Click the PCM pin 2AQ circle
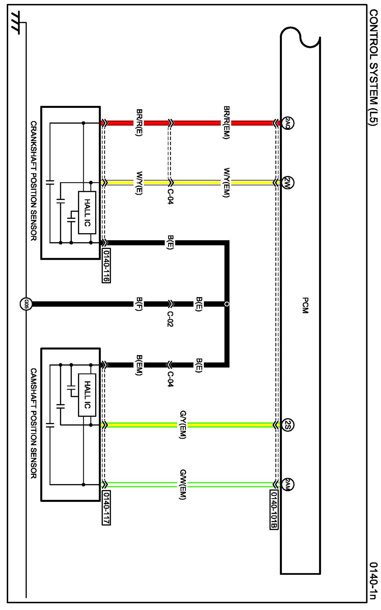[287, 123]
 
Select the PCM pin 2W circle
[288, 183]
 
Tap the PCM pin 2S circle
[288, 425]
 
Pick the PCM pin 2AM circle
[288, 485]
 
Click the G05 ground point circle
[26, 304]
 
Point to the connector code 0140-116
[106, 266]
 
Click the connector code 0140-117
[106, 508]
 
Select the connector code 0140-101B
[274, 510]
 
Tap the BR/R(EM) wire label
[226, 123]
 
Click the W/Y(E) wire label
[139, 183]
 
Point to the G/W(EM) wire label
[183, 484]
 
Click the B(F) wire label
[139, 304]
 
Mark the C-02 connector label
[170, 319]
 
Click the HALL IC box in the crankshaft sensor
[87, 213]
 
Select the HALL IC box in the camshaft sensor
[87, 395]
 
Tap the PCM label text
[305, 305]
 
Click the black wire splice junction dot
[227, 304]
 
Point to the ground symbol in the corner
[15, 23]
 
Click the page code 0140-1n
[373, 581]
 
